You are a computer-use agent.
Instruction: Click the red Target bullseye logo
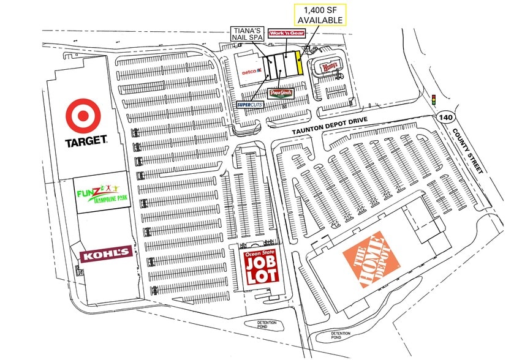(86, 116)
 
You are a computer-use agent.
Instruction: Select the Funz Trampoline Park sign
(102, 194)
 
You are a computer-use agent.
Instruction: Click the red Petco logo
(249, 72)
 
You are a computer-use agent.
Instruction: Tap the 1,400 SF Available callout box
(320, 15)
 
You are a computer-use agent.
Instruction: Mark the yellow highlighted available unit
(298, 62)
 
